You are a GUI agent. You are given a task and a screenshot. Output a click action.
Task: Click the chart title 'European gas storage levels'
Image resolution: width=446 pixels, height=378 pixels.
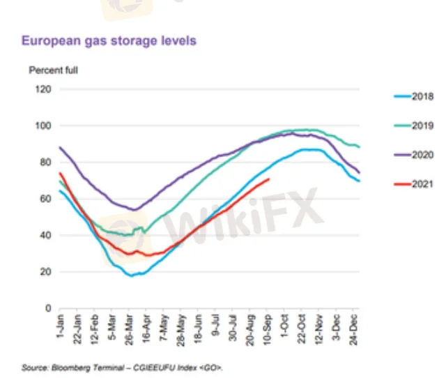[x=109, y=40]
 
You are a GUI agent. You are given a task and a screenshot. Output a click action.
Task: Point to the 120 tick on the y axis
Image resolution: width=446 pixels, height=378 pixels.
[x=43, y=89]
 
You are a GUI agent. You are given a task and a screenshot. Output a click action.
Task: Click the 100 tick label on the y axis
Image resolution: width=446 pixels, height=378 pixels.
[x=43, y=126]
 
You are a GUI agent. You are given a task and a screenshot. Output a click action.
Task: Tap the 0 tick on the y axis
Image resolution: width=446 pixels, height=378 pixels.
[x=47, y=308]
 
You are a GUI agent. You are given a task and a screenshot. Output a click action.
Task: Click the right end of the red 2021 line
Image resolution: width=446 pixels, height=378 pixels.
[x=269, y=179]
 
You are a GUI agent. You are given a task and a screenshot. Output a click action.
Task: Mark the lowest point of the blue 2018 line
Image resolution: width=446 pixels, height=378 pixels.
[x=130, y=275]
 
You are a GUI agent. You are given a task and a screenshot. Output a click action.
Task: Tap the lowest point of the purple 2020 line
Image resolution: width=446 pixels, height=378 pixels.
[x=134, y=209]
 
